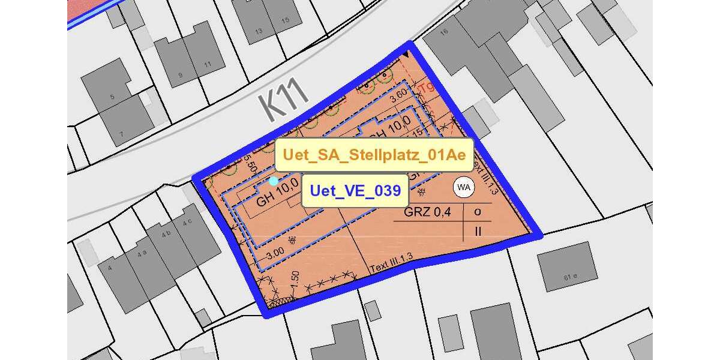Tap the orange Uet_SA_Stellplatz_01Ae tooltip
click(374, 155)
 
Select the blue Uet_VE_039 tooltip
click(355, 191)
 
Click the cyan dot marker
click(274, 181)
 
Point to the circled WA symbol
click(463, 187)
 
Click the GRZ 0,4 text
click(427, 211)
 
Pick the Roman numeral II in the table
click(478, 230)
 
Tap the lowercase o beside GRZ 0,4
click(478, 211)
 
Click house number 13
click(259, 31)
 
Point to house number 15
click(286, 20)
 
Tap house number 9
click(181, 76)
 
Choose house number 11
click(207, 65)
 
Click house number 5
click(112, 97)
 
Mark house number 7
click(121, 134)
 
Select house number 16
click(445, 32)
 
